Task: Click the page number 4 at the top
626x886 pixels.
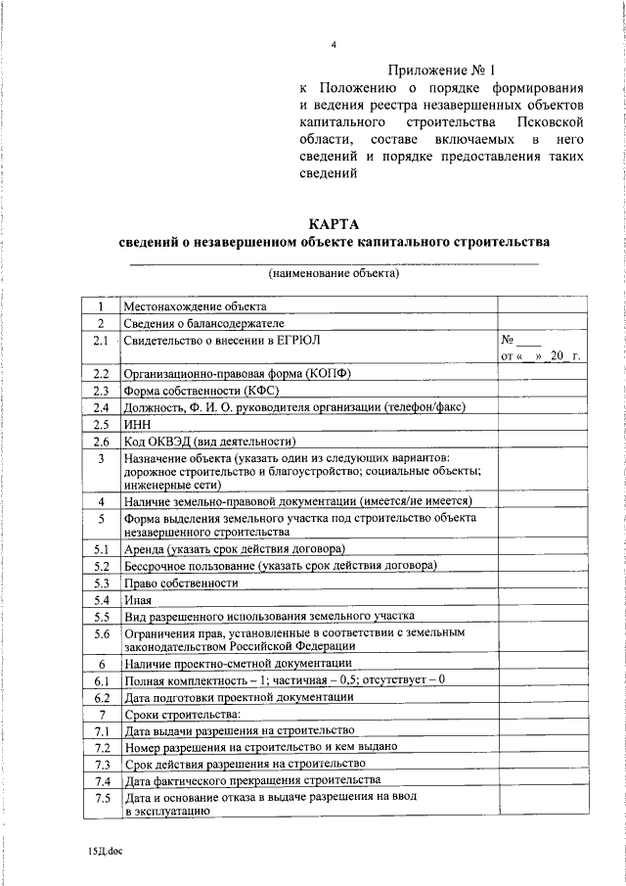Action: pos(334,45)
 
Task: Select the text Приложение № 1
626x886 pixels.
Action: pos(442,70)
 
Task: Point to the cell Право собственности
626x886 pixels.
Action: pos(181,583)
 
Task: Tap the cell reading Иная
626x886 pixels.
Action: pos(138,599)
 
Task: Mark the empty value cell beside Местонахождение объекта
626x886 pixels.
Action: pos(541,306)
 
